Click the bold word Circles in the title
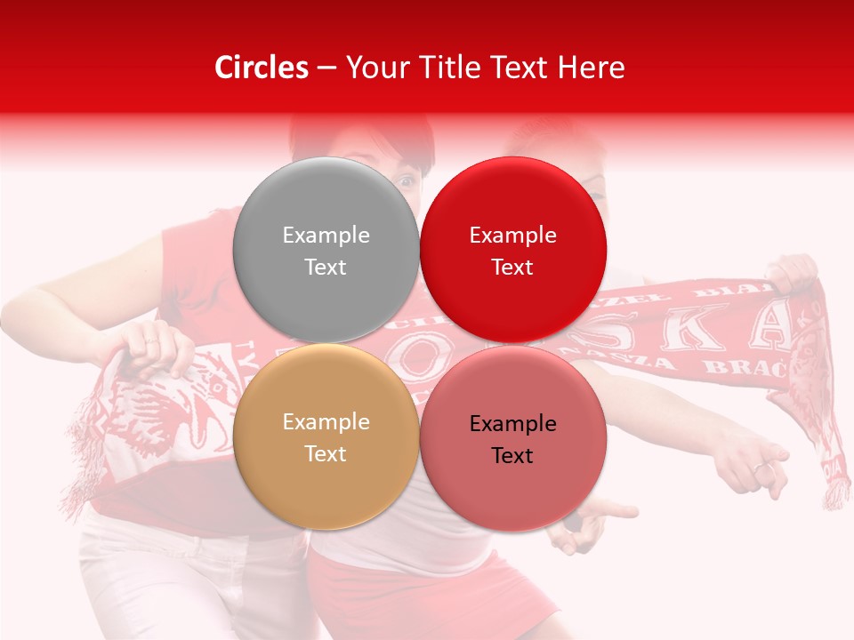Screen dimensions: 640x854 pos(262,68)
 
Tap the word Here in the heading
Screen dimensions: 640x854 pos(592,68)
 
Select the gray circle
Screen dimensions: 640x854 pos(326,251)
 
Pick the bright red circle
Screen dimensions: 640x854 pos(512,251)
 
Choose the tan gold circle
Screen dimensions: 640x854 pos(326,437)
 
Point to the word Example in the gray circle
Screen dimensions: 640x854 pos(326,236)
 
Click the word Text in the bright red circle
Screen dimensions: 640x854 pos(512,268)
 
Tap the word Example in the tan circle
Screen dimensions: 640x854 pos(326,422)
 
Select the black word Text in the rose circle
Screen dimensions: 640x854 pos(512,456)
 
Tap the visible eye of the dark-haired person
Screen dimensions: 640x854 pos(407,180)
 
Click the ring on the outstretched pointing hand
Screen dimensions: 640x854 pos(761,466)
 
